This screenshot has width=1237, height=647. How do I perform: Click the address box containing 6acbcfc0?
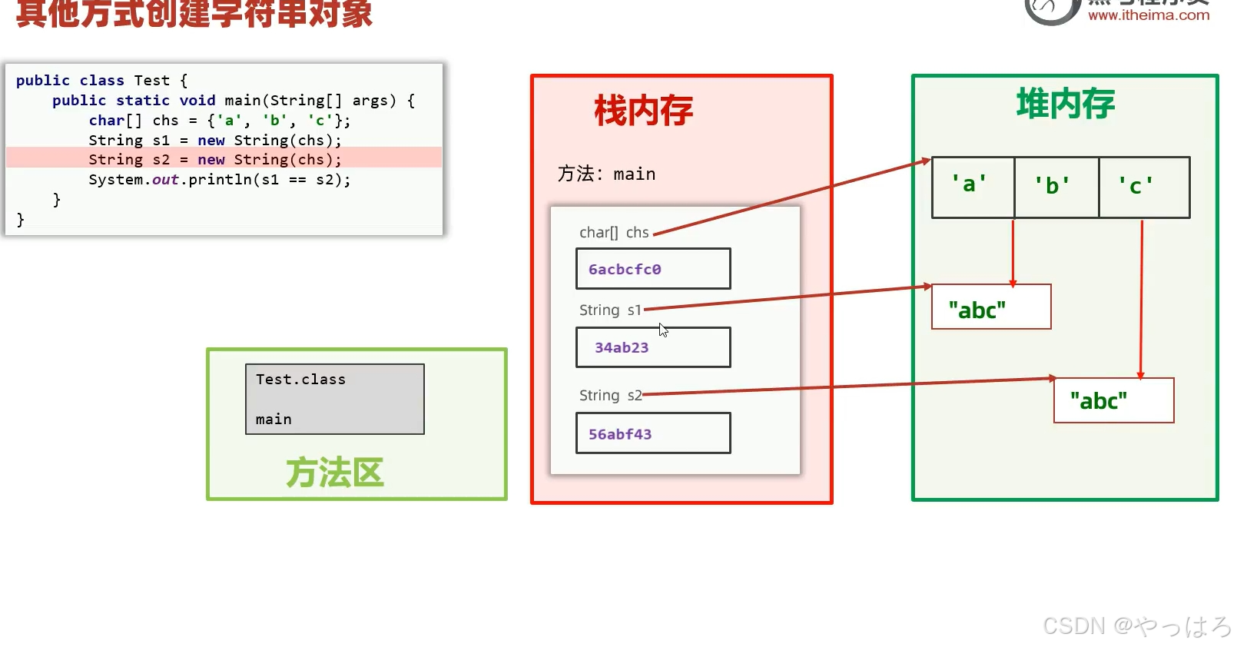coord(652,269)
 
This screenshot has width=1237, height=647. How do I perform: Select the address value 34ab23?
coord(622,347)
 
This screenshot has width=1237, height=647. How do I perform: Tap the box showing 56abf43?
coord(652,433)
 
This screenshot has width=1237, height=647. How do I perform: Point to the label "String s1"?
coord(610,310)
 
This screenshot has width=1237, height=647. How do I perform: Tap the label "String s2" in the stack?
coord(610,395)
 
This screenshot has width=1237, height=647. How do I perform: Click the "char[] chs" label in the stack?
coord(614,232)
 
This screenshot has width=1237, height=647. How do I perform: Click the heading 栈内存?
coord(643,111)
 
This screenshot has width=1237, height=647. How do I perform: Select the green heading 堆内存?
coord(1065,104)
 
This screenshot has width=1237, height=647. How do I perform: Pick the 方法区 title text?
coord(334,473)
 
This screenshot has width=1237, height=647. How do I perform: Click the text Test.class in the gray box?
coord(300,380)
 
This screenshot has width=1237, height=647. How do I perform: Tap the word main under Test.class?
coord(274,420)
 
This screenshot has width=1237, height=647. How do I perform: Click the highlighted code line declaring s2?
coord(215,160)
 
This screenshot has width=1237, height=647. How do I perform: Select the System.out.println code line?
coord(219,180)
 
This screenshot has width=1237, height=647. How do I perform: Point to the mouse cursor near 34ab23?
coord(663,330)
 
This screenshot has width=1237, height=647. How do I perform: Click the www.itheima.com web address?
coord(1148,15)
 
